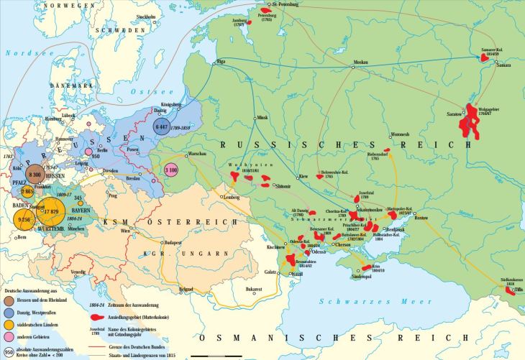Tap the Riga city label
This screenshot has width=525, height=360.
click(221, 63)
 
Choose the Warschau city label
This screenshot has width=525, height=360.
click(197, 154)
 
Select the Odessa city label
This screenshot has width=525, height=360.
click(319, 252)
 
